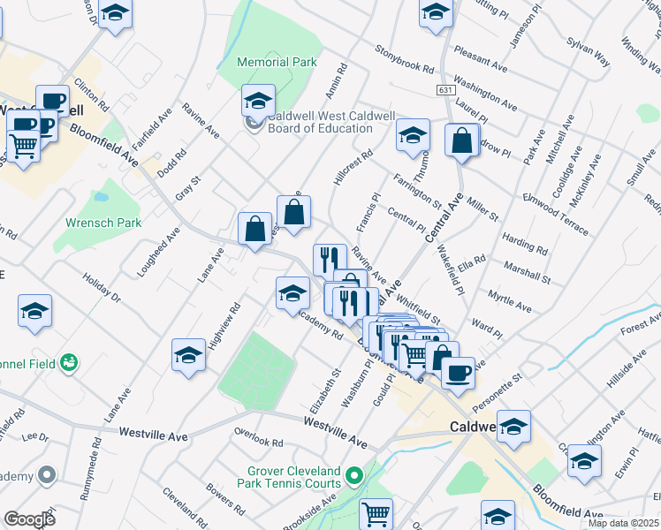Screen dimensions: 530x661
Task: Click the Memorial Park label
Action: click(277, 62)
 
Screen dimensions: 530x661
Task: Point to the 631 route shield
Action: click(444, 91)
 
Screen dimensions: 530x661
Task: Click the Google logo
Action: click(29, 519)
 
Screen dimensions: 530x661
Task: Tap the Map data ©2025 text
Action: click(622, 523)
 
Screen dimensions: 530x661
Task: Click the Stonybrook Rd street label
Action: click(405, 58)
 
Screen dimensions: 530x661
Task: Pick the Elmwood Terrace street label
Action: click(556, 214)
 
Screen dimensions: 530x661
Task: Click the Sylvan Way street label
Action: click(589, 51)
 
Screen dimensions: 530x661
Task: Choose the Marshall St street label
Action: click(527, 271)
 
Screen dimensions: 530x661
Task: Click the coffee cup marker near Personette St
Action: click(457, 373)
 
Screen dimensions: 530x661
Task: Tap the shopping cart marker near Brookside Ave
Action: click(376, 512)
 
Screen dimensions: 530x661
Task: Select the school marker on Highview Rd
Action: click(189, 355)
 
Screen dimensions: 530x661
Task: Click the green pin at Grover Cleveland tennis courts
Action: click(353, 477)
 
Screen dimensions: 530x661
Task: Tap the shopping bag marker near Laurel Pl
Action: click(462, 140)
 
